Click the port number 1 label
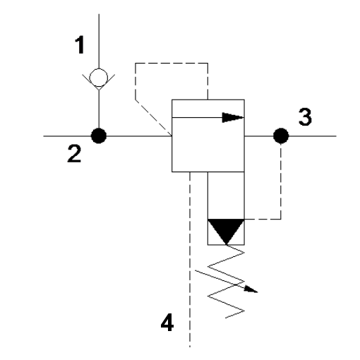tap(80, 44)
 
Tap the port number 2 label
tap(74, 153)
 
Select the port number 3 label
tap(305, 116)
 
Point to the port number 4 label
tap(167, 323)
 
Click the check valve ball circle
tap(99, 78)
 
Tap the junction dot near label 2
tap(99, 136)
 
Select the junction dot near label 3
tap(281, 136)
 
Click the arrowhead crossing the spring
tap(251, 289)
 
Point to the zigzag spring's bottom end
tap(226, 318)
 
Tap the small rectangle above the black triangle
tap(226, 196)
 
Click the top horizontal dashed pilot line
tap(172, 63)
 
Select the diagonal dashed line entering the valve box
tap(153, 118)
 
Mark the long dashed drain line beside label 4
tap(190, 259)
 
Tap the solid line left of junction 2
tap(67, 136)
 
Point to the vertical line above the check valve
tap(99, 41)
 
